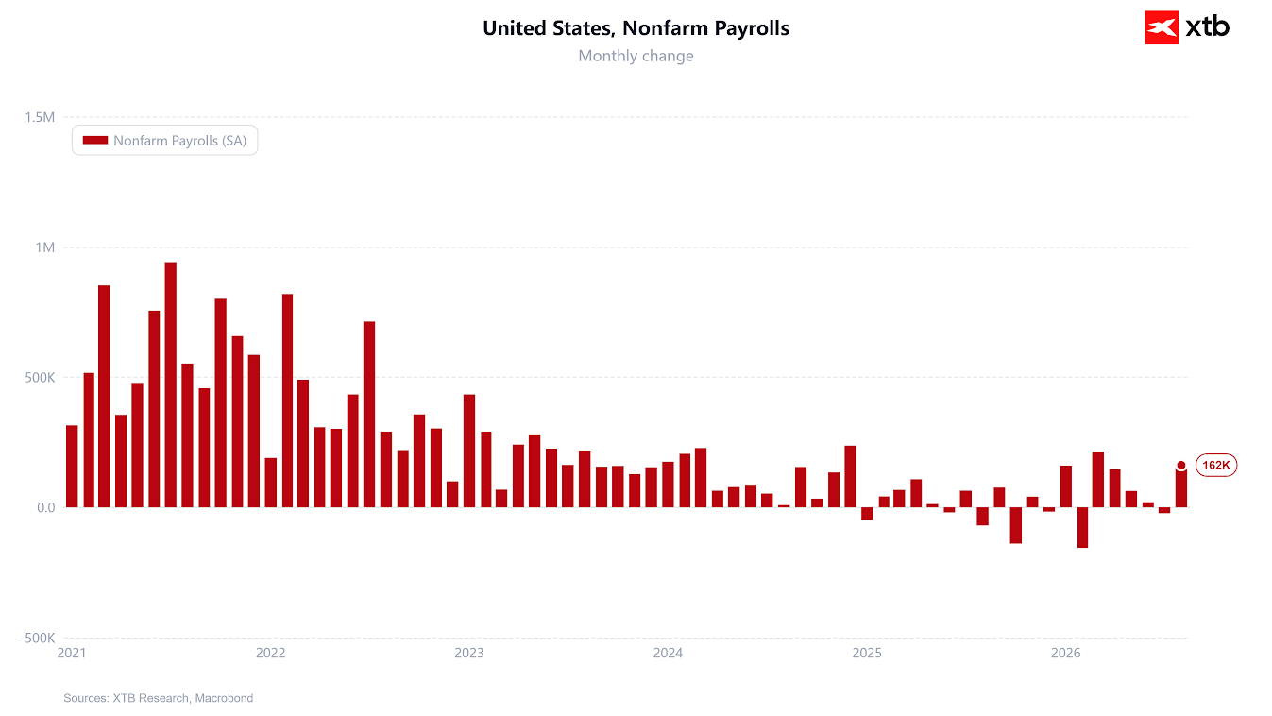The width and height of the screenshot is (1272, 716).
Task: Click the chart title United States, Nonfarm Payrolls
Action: pyautogui.click(x=636, y=27)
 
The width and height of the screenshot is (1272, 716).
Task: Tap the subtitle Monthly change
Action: pyautogui.click(x=636, y=56)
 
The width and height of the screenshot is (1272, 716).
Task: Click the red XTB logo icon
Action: pyautogui.click(x=1162, y=27)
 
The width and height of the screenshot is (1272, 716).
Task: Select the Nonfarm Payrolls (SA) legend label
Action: pyautogui.click(x=180, y=140)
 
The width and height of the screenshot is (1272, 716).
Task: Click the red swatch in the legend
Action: pyautogui.click(x=94, y=140)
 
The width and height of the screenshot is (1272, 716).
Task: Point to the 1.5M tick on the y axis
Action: pyautogui.click(x=40, y=117)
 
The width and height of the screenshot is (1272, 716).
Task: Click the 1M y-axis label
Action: pyautogui.click(x=45, y=247)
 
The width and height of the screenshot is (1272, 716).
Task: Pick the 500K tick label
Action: pyautogui.click(x=40, y=378)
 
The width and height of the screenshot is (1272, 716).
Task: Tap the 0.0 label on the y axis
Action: pyautogui.click(x=46, y=507)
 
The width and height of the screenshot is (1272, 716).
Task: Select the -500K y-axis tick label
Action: pyautogui.click(x=38, y=638)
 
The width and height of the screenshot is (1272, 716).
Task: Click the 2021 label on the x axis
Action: pyautogui.click(x=72, y=653)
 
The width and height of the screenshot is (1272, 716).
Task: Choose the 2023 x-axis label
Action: pyautogui.click(x=469, y=653)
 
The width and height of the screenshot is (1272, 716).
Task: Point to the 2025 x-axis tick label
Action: pyautogui.click(x=867, y=653)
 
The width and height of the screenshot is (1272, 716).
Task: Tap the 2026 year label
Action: pyautogui.click(x=1066, y=653)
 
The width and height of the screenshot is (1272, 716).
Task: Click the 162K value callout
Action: pyautogui.click(x=1216, y=465)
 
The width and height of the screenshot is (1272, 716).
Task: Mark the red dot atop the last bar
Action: pyautogui.click(x=1181, y=466)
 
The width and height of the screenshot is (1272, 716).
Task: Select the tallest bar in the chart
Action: pyautogui.click(x=170, y=384)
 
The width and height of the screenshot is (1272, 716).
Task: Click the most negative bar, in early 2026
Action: pyautogui.click(x=1082, y=527)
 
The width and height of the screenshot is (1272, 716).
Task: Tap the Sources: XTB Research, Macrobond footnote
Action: pyautogui.click(x=159, y=698)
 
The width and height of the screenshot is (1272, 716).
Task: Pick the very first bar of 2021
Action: pyautogui.click(x=72, y=467)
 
